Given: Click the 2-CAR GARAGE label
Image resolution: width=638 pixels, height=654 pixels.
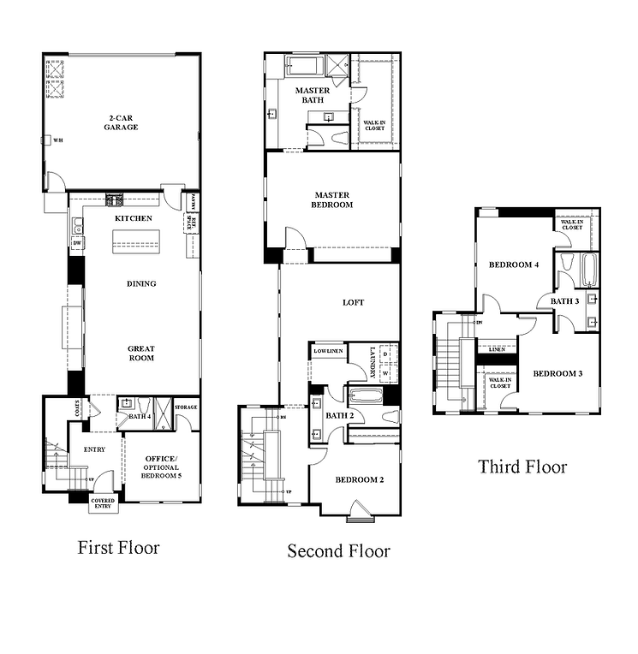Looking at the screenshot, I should pos(122,122).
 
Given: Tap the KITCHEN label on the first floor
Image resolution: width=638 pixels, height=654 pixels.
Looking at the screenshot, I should pos(134,218).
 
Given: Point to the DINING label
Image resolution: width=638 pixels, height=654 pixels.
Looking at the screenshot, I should pos(140,283).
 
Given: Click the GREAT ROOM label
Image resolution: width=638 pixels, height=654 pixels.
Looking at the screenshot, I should pos(140,353).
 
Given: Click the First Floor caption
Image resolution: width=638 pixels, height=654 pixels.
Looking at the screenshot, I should pos(118,547).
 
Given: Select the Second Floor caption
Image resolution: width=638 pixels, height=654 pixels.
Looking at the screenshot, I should pos(338,550).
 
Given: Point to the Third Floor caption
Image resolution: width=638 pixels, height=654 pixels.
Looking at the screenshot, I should pos(522,467).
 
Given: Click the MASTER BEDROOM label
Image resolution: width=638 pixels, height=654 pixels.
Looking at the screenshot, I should pos(333,199).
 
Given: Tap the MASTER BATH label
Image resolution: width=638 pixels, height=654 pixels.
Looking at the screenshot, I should pos(312,95).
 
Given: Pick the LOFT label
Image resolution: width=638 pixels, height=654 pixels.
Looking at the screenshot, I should pos(354,302).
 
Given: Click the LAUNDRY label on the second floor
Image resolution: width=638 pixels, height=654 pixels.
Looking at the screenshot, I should pos(373,361).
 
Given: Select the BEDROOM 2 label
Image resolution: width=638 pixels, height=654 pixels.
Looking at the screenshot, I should pos(359,479).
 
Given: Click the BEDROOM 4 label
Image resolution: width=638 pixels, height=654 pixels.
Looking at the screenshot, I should pos(513,265).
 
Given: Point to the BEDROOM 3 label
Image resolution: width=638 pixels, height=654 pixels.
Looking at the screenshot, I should pos(558,373).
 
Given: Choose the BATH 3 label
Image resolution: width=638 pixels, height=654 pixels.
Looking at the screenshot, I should pos(564,300).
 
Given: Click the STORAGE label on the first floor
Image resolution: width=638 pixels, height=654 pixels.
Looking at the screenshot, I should pos(186,407).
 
